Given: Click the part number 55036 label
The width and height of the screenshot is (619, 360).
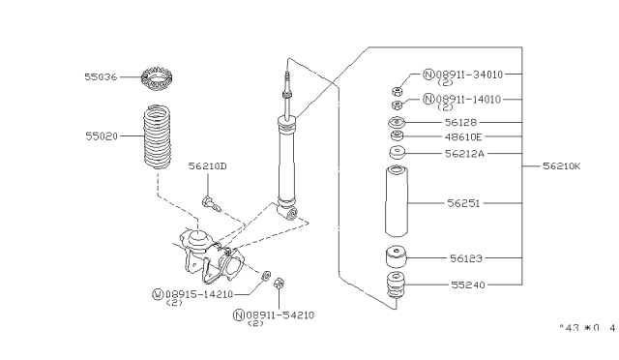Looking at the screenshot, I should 100,75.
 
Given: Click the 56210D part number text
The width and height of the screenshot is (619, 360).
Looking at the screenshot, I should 208,166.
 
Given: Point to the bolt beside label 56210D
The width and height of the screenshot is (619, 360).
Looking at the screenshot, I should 211,203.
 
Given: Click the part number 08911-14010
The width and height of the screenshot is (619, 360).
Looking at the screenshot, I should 464,99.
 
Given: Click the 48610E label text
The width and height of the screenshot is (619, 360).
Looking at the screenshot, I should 471,137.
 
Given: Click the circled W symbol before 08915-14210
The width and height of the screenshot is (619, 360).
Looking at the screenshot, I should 158,292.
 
